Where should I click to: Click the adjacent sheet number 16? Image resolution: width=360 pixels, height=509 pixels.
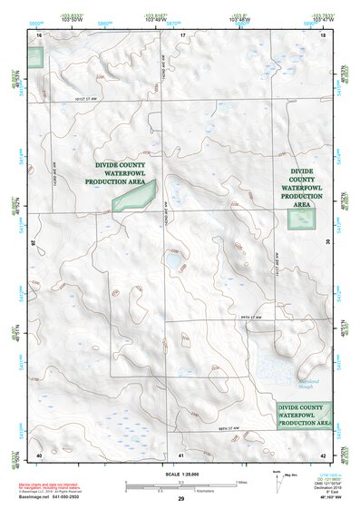(39, 34)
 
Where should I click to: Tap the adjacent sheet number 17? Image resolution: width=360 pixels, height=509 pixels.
(181, 34)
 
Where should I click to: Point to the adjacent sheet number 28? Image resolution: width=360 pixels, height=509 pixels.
(34, 242)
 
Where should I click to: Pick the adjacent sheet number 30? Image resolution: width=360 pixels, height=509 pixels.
(327, 242)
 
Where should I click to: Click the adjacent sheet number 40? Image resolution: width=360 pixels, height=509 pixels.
(39, 454)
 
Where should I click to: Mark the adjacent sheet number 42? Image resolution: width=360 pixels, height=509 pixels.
(323, 454)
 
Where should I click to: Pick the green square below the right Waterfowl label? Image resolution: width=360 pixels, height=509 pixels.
(298, 217)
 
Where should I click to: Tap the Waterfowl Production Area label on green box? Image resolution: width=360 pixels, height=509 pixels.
(305, 415)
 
